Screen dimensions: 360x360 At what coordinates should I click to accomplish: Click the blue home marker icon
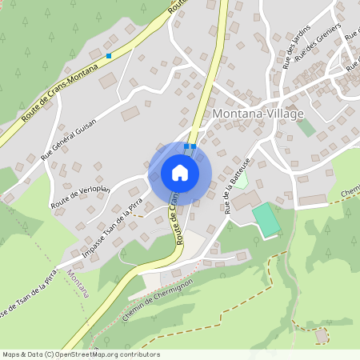180,172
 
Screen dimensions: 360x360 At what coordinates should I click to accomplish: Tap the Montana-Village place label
258,114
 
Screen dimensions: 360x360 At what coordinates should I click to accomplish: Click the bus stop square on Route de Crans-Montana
109,56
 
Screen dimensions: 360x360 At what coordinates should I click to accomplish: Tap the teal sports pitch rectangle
267,219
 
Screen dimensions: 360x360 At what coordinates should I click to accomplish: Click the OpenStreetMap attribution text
80,354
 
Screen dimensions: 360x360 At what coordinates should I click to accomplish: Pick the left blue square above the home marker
186,146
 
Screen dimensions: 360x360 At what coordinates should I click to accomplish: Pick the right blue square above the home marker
193,146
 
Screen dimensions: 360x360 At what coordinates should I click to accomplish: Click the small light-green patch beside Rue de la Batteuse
241,179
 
